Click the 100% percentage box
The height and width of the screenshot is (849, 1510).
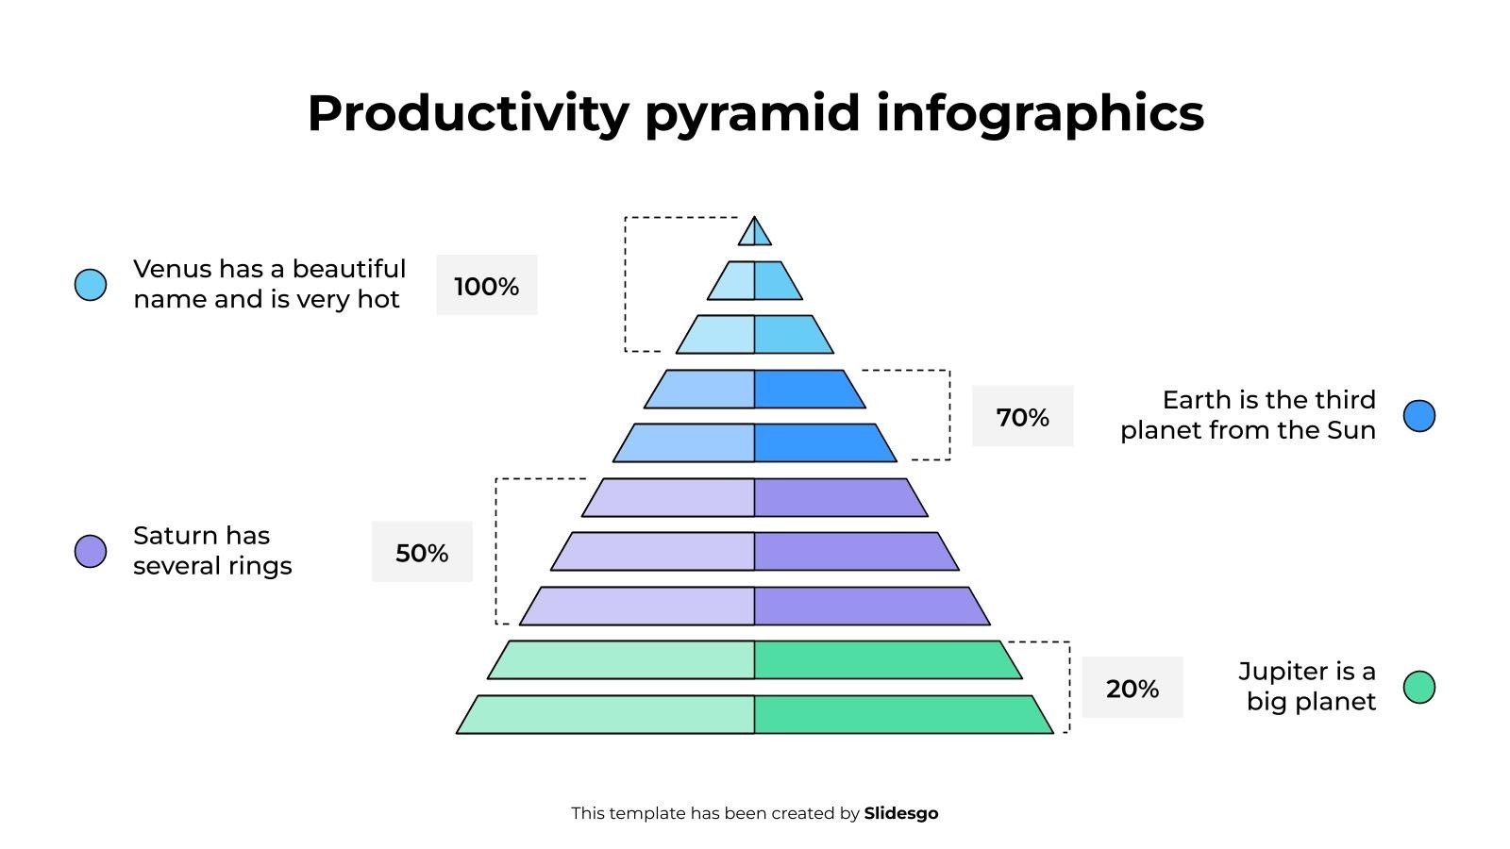pos(486,285)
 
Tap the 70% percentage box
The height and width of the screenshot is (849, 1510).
pos(1022,416)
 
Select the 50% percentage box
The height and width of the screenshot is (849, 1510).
pos(422,552)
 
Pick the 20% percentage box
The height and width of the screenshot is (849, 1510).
pos(1132,688)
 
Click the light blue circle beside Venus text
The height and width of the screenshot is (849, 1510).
pos(91,284)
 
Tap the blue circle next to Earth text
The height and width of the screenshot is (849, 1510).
pos(1418,415)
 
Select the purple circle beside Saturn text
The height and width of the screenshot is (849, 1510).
pos(91,551)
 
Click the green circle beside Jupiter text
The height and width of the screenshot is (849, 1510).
pos(1418,687)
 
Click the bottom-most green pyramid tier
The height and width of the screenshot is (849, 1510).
pos(754,714)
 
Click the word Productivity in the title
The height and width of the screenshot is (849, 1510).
pos(467,113)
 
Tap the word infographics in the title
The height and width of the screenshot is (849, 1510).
pos(1040,113)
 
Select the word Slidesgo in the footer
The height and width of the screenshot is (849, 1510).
pos(900,813)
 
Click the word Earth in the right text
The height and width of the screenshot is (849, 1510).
pos(1197,400)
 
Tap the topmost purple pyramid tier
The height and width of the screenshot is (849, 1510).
pos(754,497)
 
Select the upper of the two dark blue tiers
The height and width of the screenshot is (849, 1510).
pos(754,389)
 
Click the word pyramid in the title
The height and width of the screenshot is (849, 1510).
pos(752,113)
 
